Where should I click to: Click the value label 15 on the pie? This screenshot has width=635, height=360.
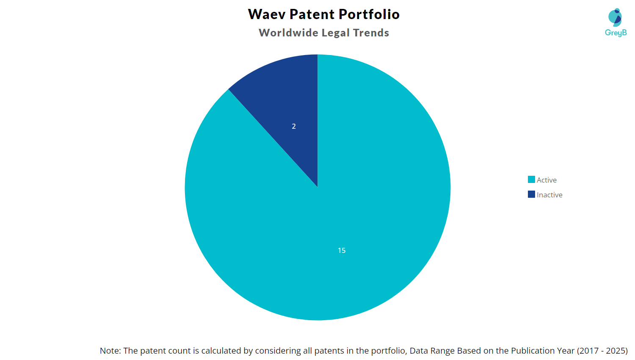(342, 250)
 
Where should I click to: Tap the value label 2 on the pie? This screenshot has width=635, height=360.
(294, 126)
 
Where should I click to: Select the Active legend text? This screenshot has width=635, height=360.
(547, 180)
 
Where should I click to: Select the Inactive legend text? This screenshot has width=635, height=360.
(549, 195)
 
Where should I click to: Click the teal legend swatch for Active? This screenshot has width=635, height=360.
(531, 180)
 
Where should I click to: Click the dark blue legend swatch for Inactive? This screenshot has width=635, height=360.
(531, 194)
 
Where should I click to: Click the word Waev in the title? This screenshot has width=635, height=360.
(266, 14)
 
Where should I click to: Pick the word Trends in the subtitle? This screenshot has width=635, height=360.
(371, 33)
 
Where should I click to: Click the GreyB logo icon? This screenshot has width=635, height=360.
(615, 17)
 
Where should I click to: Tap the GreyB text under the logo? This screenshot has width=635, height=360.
(616, 33)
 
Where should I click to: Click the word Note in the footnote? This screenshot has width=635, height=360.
(110, 351)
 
